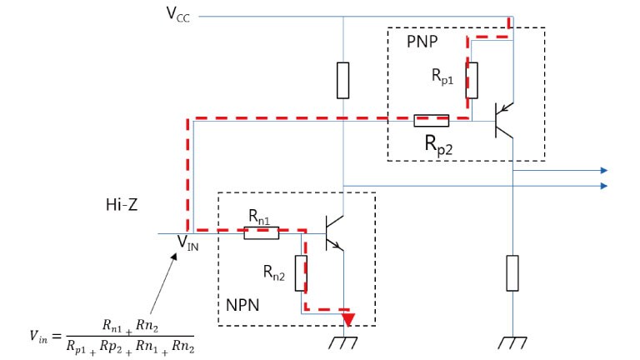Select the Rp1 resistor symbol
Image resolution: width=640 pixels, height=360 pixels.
coord(472,79)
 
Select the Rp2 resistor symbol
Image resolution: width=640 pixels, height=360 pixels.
coord(432,121)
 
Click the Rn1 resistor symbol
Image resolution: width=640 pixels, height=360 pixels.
coord(261,233)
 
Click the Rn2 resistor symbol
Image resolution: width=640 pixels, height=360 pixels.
coord(301,272)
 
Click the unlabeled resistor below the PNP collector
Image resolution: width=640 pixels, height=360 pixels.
coord(512,273)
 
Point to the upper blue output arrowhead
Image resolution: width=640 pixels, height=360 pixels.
coord(602,170)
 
